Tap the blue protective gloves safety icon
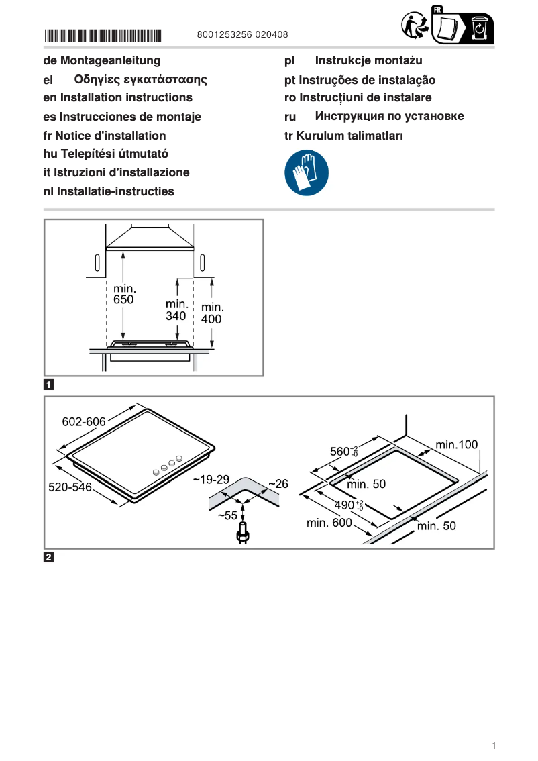pos(307,173)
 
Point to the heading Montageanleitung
pos(111,61)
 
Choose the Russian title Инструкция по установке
pos(389,117)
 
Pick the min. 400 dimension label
pos(211,314)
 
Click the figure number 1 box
pos(49,385)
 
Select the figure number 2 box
pos(49,557)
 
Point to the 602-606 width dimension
pos(84,422)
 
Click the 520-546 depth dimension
pos(69,487)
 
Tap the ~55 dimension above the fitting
pos(228,515)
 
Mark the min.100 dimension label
pos(456,444)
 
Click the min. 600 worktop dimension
pos(329,523)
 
